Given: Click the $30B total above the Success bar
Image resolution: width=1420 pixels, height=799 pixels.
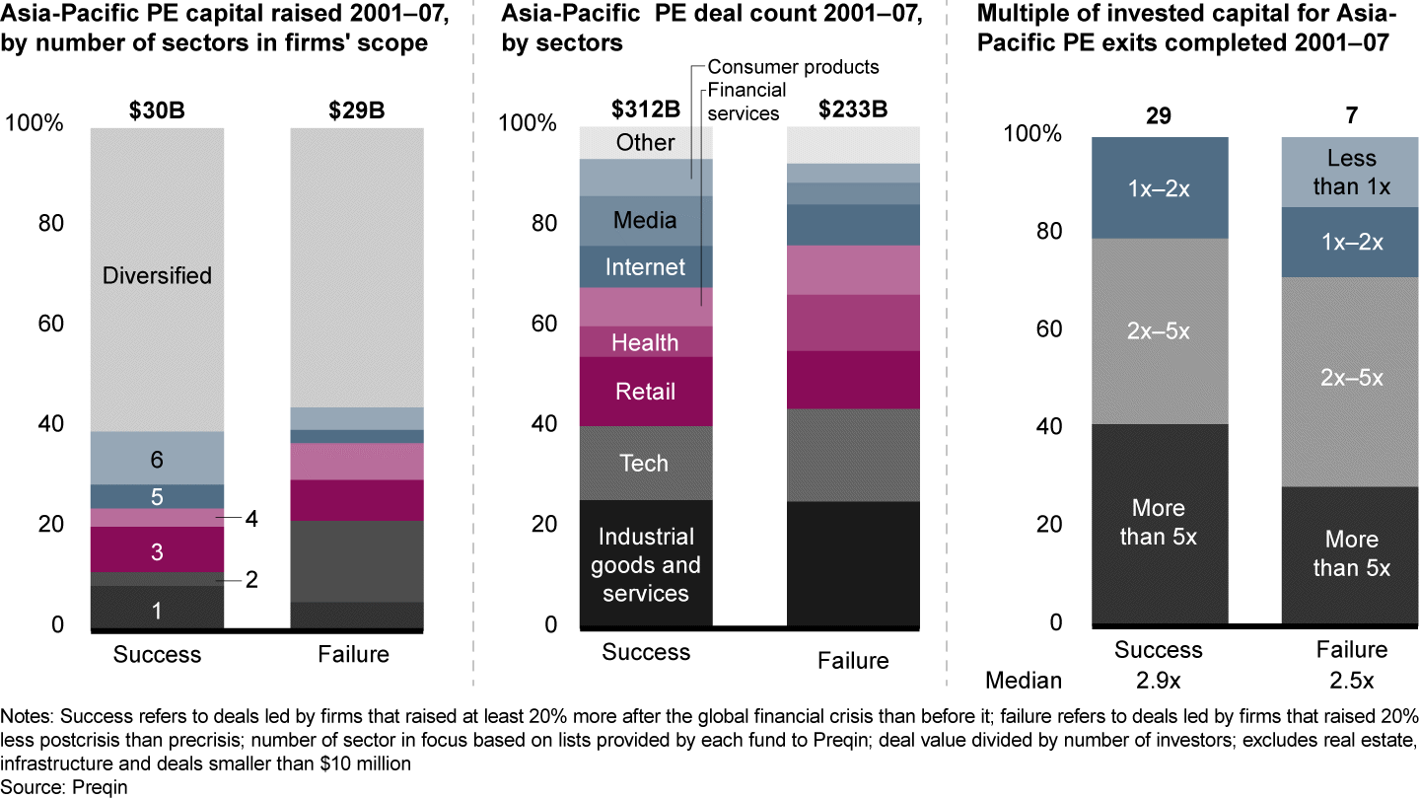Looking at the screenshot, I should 157,110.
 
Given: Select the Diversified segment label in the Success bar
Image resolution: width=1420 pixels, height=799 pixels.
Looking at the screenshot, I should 157,275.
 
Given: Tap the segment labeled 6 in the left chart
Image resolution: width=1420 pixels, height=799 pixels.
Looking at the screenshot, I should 157,459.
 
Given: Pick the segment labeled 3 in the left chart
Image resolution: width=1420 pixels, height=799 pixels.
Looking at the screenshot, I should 157,551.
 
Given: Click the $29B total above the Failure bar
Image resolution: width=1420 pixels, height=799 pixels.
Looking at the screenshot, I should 356,110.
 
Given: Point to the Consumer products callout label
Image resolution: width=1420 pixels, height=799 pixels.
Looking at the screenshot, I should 793,68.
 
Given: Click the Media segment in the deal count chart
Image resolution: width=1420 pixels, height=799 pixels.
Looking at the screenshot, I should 645,220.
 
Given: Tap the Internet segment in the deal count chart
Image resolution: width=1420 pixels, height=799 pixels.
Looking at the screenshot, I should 645,267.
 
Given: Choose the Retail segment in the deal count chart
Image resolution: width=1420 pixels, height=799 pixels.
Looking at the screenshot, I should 645,392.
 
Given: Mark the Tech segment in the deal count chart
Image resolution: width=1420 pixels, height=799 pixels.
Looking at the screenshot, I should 645,463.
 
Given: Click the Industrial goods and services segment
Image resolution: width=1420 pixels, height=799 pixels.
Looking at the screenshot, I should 645,564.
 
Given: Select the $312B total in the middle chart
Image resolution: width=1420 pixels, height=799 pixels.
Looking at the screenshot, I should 645,108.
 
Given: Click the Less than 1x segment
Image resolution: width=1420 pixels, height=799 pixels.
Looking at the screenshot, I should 1350,172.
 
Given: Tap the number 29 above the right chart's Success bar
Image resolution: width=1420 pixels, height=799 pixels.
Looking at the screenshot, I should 1158,115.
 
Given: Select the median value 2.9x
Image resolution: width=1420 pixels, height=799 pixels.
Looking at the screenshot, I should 1158,681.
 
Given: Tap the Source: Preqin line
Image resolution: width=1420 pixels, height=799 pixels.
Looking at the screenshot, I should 65,787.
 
